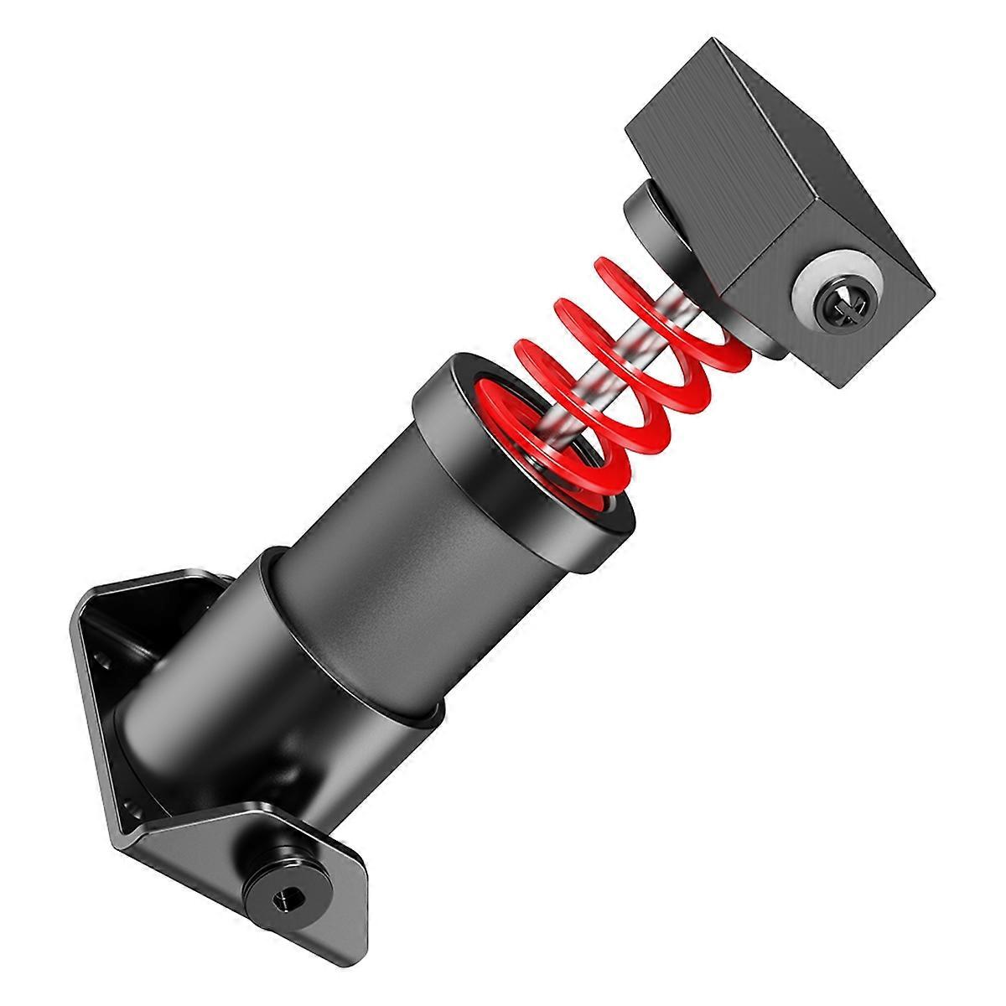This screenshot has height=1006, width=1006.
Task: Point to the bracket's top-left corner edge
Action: [x=92, y=595]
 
